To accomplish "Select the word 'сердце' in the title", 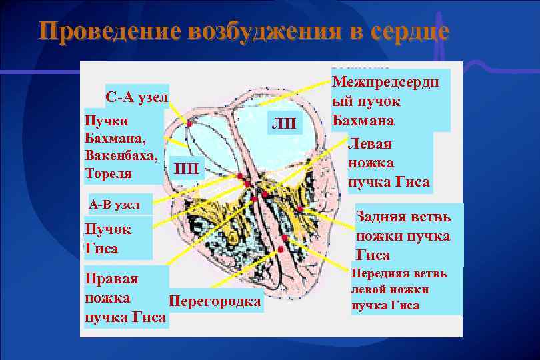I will pyautogui.click(x=409, y=31).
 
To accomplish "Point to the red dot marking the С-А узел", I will pyautogui.click(x=189, y=124).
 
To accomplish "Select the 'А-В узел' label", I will pyautogui.click(x=115, y=205).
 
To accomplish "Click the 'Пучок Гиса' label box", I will pyautogui.click(x=108, y=239).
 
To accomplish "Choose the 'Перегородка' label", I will pyautogui.click(x=215, y=301).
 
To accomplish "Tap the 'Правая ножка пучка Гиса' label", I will pyautogui.click(x=125, y=297).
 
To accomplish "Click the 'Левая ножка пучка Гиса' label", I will pyautogui.click(x=389, y=163).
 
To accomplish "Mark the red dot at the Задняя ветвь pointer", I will pyautogui.click(x=300, y=209).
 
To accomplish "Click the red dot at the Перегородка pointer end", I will pyautogui.click(x=281, y=249).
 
